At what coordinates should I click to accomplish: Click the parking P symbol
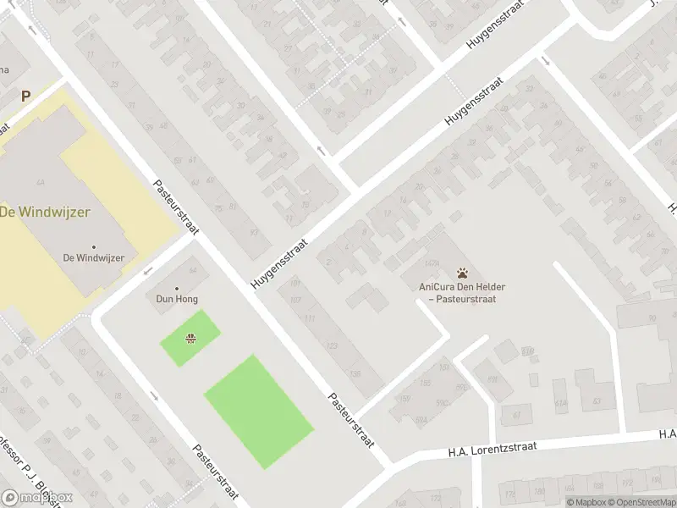(x=25, y=97)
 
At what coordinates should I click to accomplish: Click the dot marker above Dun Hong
(x=177, y=288)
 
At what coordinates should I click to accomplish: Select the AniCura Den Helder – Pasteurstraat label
(x=457, y=292)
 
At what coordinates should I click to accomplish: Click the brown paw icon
(x=462, y=273)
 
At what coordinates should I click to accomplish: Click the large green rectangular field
(x=259, y=411)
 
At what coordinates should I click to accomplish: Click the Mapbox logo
(x=37, y=498)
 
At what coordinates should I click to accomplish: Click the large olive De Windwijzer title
(x=57, y=212)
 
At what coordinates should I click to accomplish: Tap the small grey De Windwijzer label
(x=93, y=257)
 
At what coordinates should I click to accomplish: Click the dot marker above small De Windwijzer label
(x=93, y=247)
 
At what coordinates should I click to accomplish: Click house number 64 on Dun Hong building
(x=193, y=271)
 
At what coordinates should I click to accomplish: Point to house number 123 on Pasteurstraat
(x=332, y=346)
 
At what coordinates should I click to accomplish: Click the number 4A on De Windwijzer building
(x=40, y=182)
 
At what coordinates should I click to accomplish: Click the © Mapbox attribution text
(x=583, y=503)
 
